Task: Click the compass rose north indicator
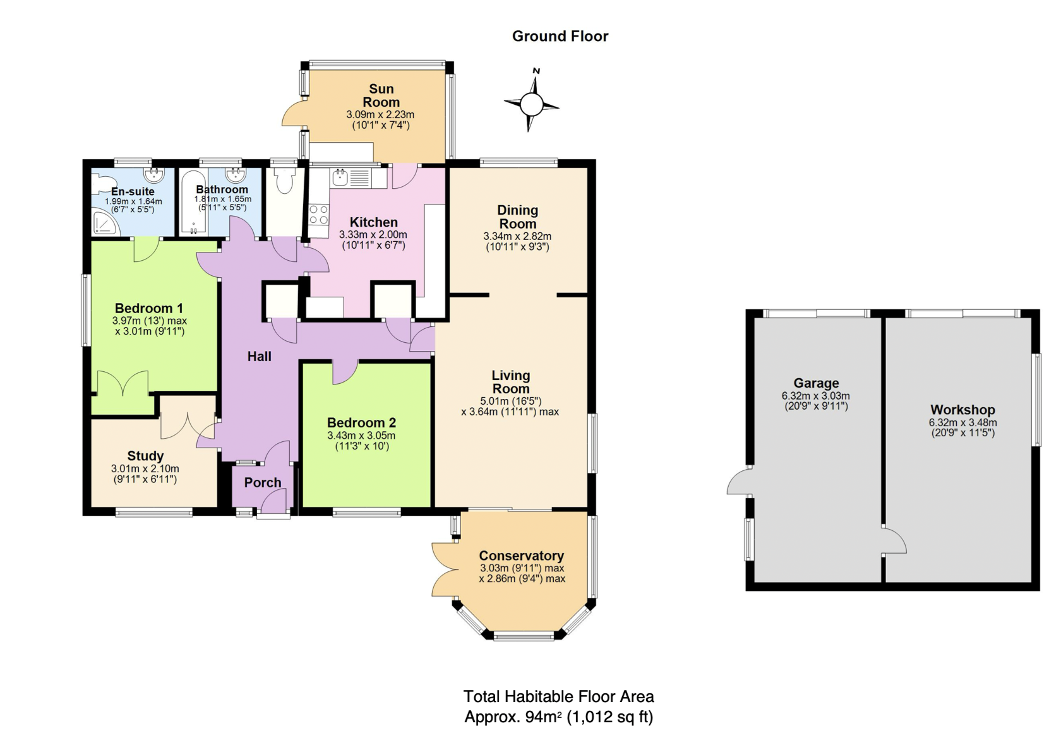[x=536, y=71]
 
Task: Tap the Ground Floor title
[x=560, y=37]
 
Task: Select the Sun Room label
[x=381, y=95]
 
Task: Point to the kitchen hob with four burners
[x=318, y=215]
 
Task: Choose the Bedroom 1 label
[x=149, y=309]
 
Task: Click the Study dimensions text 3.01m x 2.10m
[x=145, y=468]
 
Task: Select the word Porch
[x=263, y=483]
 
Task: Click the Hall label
[x=259, y=357]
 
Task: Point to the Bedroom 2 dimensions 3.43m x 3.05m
[x=361, y=436]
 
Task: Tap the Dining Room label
[x=517, y=217]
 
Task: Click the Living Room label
[x=510, y=382]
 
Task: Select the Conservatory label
[x=521, y=556]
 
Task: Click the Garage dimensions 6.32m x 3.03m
[x=816, y=396]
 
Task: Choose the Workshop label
[x=962, y=410]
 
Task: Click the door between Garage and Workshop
[x=893, y=540]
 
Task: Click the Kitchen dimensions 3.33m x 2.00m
[x=373, y=235]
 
